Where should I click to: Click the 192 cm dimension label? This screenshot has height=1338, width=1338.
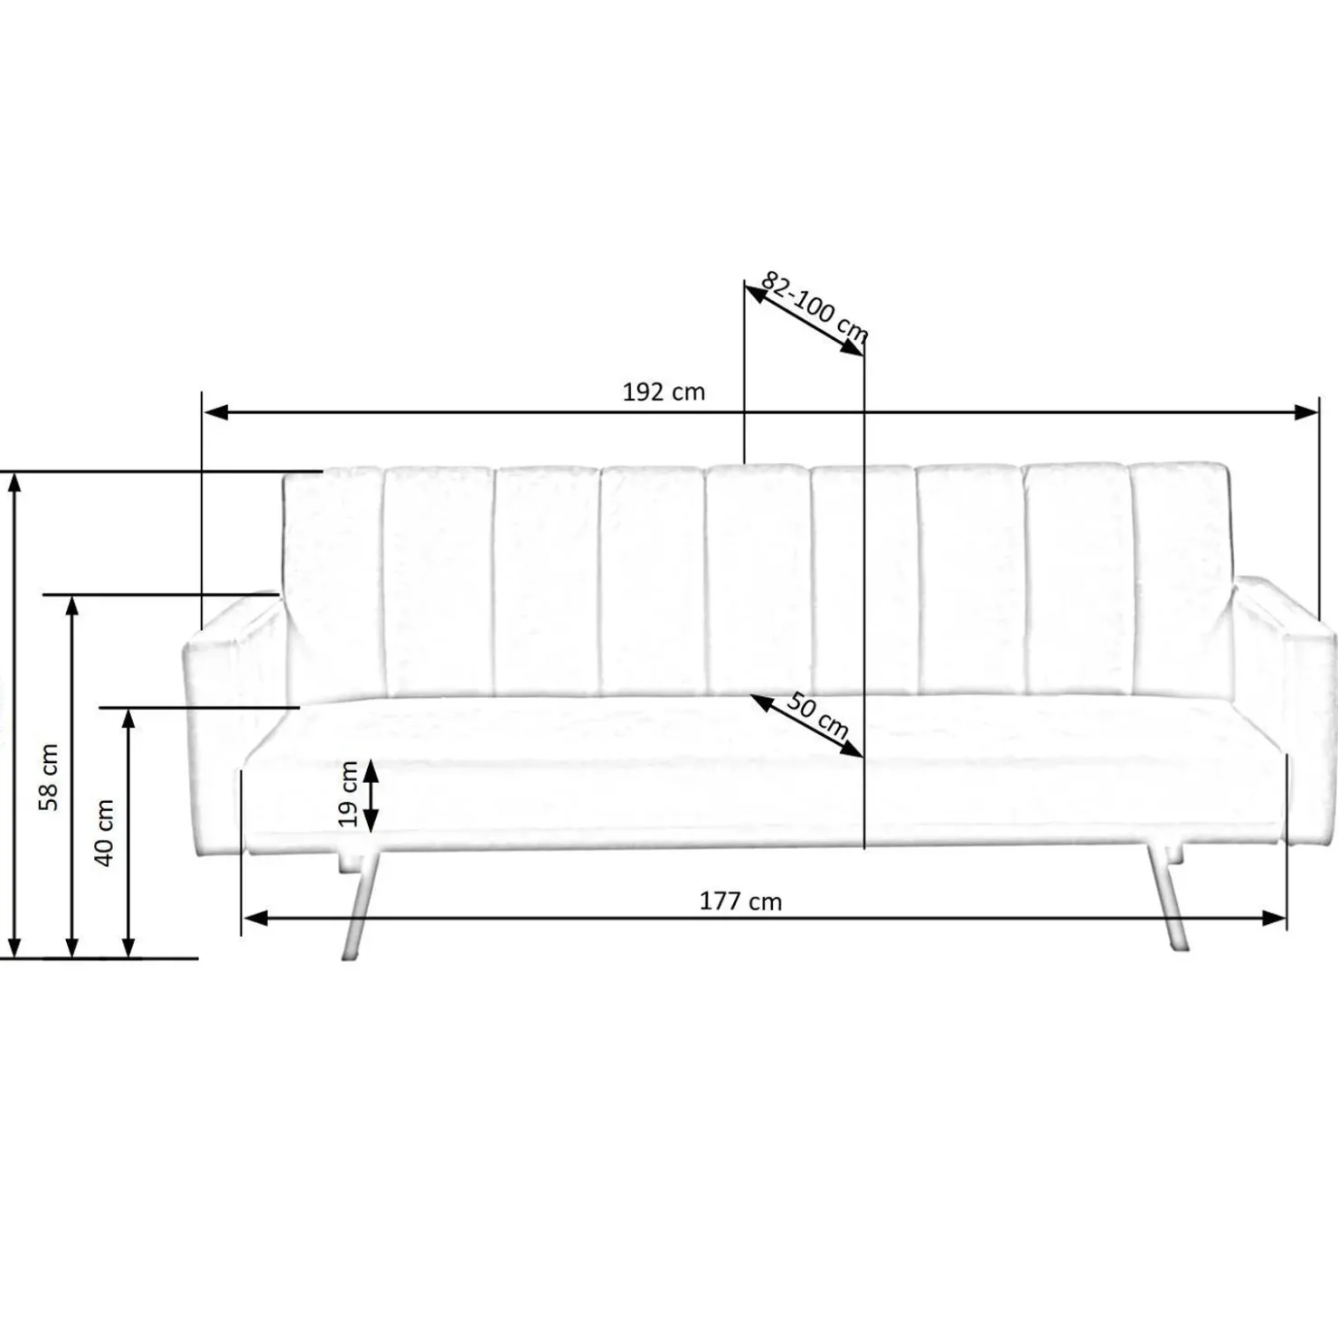coord(664,392)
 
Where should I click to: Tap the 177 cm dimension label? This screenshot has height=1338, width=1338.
coord(740,901)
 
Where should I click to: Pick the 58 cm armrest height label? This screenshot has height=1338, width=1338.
coord(49,776)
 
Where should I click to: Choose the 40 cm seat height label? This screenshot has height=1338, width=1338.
coord(105,832)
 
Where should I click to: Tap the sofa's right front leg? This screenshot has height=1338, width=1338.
coord(1166,904)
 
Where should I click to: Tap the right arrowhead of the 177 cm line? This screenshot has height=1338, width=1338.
coord(1275,919)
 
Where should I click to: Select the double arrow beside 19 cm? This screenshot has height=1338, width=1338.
coord(370,796)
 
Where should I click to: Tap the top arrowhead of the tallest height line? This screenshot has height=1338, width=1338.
coord(14,484)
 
